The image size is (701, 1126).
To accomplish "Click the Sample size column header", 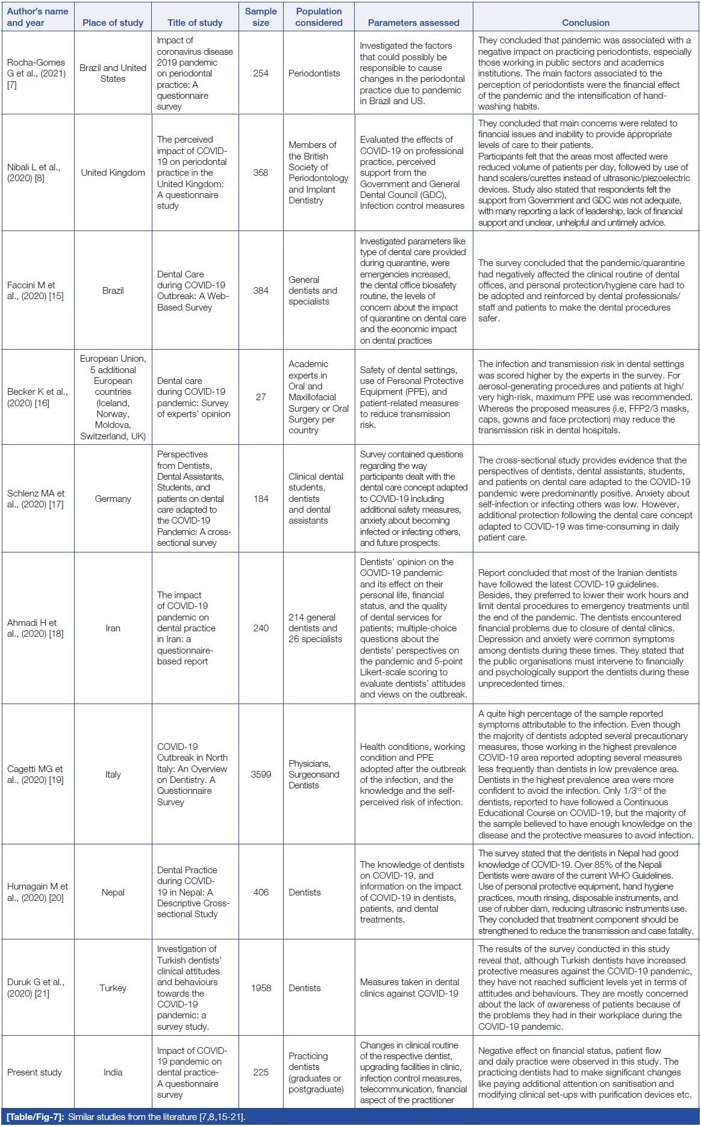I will [x=261, y=17].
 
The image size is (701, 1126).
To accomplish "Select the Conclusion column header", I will [x=585, y=23].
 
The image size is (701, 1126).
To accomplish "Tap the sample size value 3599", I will [x=261, y=775].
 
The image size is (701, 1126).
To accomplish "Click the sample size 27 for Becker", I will [x=261, y=397].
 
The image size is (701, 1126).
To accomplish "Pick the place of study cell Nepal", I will [x=113, y=892].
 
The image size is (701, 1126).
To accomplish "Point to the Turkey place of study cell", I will [x=113, y=988].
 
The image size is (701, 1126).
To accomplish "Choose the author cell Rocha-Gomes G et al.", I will [x=36, y=73].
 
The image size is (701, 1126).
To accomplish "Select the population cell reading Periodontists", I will [x=314, y=73].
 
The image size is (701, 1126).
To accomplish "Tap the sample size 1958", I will [x=261, y=988].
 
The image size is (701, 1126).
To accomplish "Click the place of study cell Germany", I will [x=113, y=498].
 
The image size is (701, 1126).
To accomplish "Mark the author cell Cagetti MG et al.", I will [x=35, y=774].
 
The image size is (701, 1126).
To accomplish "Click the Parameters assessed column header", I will [x=413, y=23].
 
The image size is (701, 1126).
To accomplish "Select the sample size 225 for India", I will [x=261, y=1072].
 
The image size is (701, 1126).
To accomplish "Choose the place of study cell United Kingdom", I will [x=113, y=173].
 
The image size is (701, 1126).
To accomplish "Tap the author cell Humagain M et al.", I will [x=37, y=892].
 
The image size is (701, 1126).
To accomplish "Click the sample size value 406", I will [x=261, y=892].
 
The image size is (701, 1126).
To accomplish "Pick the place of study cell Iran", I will [x=113, y=628].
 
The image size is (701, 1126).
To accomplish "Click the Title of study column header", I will [x=195, y=23].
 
